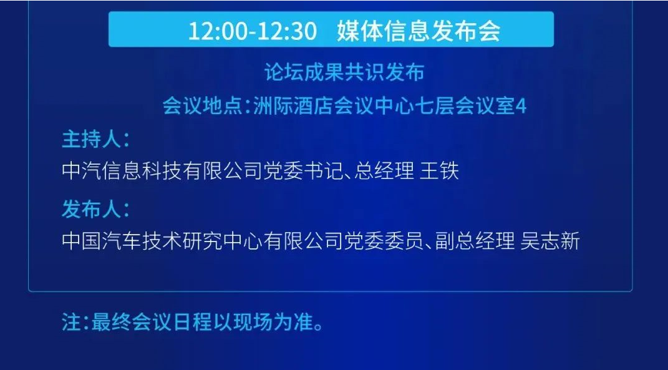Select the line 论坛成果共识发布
click(344, 72)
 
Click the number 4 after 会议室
click(521, 107)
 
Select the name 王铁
click(439, 171)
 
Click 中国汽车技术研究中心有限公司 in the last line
click(203, 241)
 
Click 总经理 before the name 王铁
click(384, 171)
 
